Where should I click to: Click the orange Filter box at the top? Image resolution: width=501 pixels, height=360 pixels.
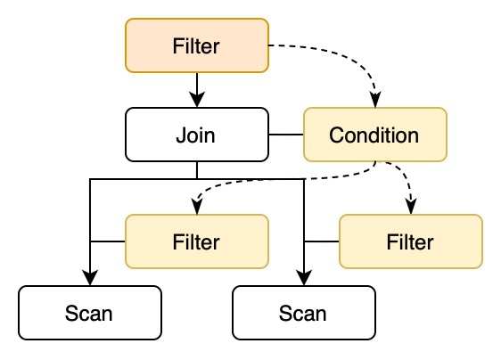tap(196, 45)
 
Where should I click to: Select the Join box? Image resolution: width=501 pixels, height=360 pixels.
tap(196, 135)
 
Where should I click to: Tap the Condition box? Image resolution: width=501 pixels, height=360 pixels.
tap(374, 135)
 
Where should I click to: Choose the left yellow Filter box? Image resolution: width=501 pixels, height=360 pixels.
tap(196, 241)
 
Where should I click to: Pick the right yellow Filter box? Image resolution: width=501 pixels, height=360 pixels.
tap(410, 241)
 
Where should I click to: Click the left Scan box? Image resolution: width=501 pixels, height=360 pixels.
tap(89, 313)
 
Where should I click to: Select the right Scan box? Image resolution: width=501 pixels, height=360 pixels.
tap(303, 313)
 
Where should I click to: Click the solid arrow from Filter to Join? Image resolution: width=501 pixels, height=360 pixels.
tap(196, 87)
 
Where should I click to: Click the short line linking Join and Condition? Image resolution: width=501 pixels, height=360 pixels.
tap(285, 135)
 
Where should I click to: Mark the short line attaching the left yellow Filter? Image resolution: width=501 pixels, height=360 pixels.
tap(107, 241)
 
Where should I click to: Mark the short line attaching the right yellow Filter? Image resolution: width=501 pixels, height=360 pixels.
tap(321, 241)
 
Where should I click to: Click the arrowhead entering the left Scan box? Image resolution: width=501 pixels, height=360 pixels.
tap(89, 278)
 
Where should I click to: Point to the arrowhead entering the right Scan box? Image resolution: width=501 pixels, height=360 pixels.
tap(303, 278)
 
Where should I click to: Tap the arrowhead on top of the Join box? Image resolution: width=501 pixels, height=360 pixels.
tap(196, 101)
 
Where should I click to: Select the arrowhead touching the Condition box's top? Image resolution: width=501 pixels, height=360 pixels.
tap(374, 101)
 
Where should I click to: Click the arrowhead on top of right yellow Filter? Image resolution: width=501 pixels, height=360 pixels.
tap(410, 208)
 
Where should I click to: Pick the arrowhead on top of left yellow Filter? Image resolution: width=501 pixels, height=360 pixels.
tap(197, 208)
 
